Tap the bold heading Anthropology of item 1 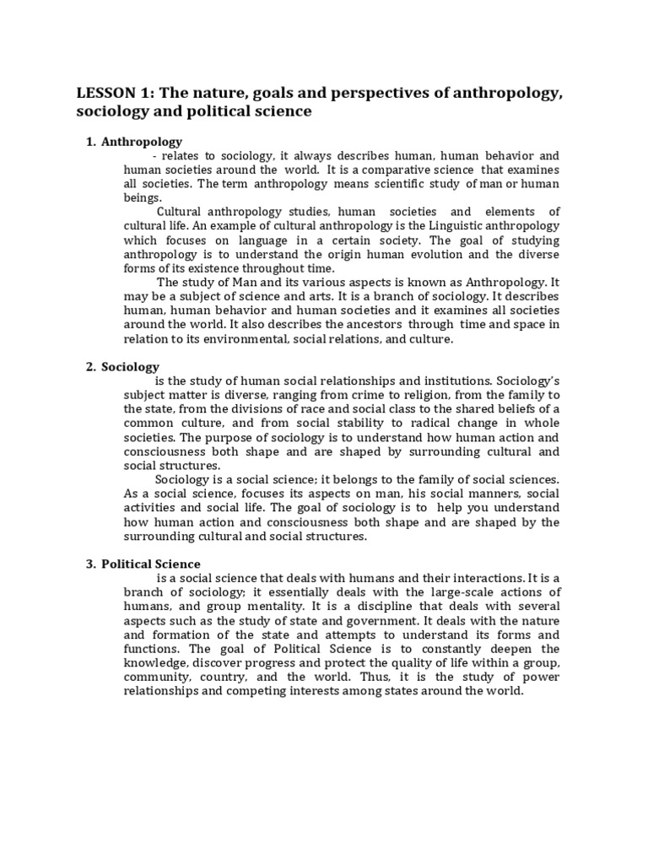point(142,142)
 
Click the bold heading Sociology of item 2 point(130,367)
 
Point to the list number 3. point(90,564)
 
